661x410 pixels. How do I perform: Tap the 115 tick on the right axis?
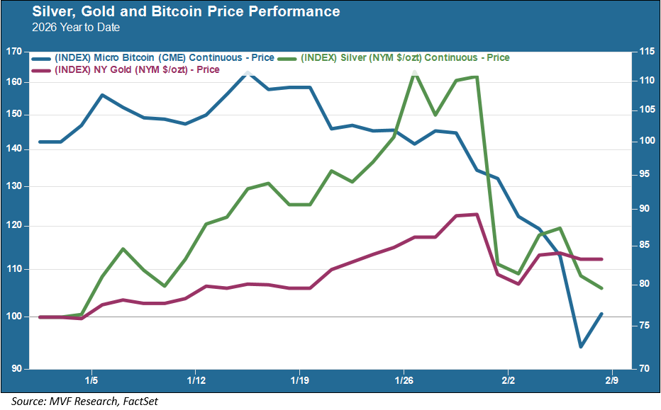645,52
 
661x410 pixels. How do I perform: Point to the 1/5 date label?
91,380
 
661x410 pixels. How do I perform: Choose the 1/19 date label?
299,380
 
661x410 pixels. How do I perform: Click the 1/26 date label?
404,380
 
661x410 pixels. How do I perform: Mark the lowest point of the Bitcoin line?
581,346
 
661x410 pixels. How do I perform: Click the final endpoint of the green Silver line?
602,288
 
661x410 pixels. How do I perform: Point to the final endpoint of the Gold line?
602,259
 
